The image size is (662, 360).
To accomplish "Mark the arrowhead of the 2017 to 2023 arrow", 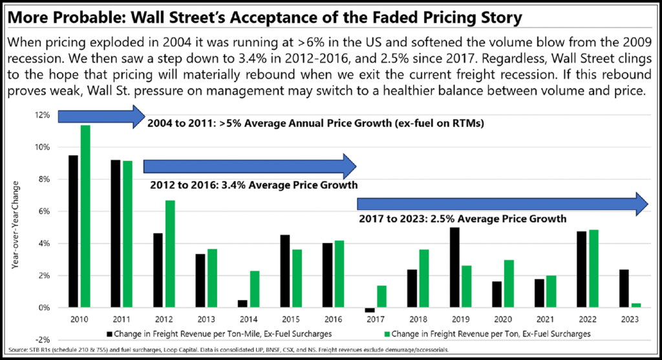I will pyautogui.click(x=639, y=204).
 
